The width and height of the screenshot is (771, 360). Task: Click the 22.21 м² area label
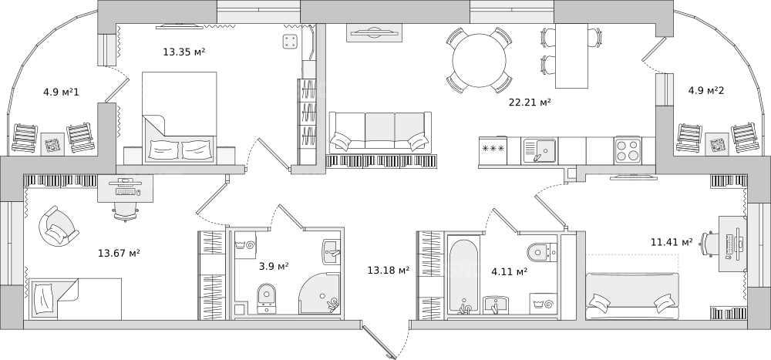[529, 103]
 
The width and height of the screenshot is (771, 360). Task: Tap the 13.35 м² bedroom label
[184, 51]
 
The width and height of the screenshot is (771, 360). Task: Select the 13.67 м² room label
[119, 254]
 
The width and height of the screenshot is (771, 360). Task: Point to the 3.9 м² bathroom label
[274, 266]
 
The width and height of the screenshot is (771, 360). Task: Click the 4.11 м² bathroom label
[510, 271]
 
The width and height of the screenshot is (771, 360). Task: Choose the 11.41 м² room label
[672, 241]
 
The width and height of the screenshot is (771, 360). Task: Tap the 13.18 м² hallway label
[389, 270]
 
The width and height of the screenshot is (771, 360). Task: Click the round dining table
[479, 60]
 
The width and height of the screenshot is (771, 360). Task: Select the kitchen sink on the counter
[540, 150]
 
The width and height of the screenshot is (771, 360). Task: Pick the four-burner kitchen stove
[627, 150]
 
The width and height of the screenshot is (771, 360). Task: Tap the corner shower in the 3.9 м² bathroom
[320, 294]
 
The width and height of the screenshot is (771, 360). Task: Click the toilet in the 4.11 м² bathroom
[542, 252]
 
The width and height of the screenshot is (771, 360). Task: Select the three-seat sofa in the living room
[380, 131]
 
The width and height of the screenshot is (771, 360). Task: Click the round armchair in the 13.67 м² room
[59, 226]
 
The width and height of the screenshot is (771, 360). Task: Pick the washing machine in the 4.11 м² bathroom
[544, 304]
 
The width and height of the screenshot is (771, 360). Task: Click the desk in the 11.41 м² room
[732, 244]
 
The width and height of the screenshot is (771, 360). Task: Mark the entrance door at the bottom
[379, 340]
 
